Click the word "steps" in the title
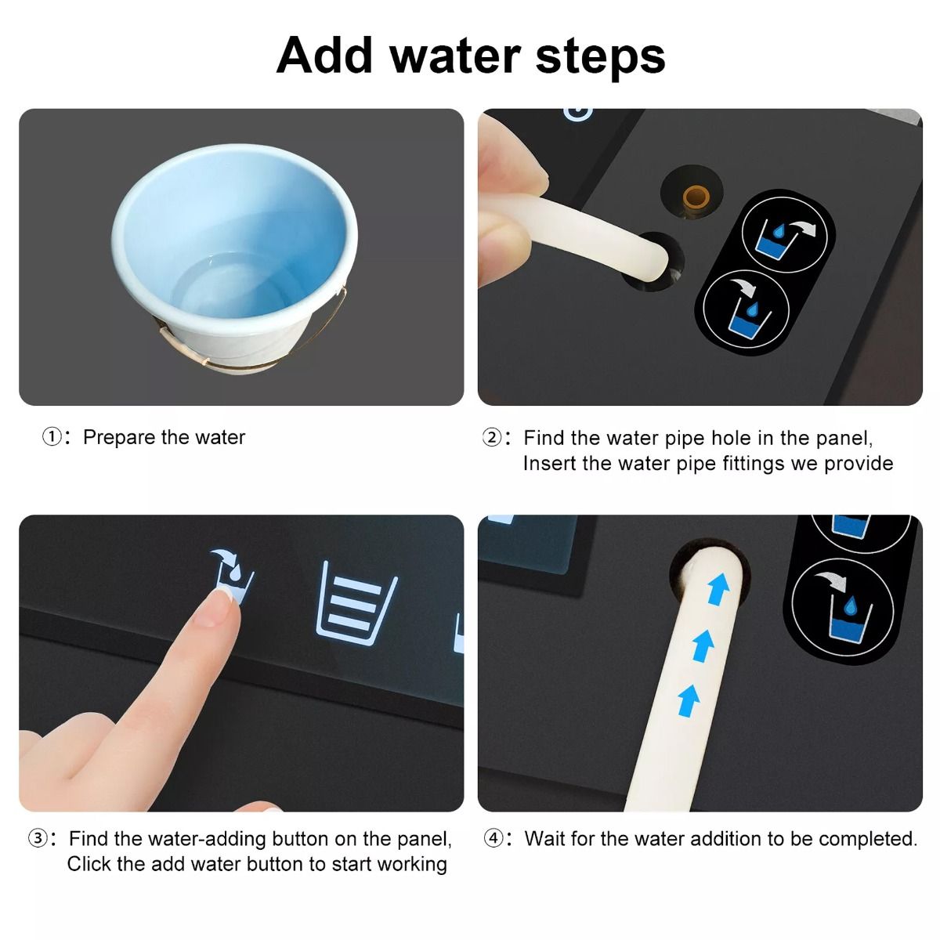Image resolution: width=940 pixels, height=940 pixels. tap(600, 57)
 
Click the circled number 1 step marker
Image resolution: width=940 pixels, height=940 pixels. tap(52, 436)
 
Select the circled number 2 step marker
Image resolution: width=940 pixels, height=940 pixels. tap(492, 438)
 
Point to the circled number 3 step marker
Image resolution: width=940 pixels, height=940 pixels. tap(38, 838)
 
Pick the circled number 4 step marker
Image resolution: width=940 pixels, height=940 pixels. tap(493, 838)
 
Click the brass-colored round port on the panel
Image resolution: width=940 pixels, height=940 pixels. tap(695, 196)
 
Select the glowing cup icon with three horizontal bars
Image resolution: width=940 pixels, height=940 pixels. tap(356, 603)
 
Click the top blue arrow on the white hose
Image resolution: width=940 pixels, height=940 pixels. tap(718, 589)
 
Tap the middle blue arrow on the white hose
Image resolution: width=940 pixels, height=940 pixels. tap(703, 645)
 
